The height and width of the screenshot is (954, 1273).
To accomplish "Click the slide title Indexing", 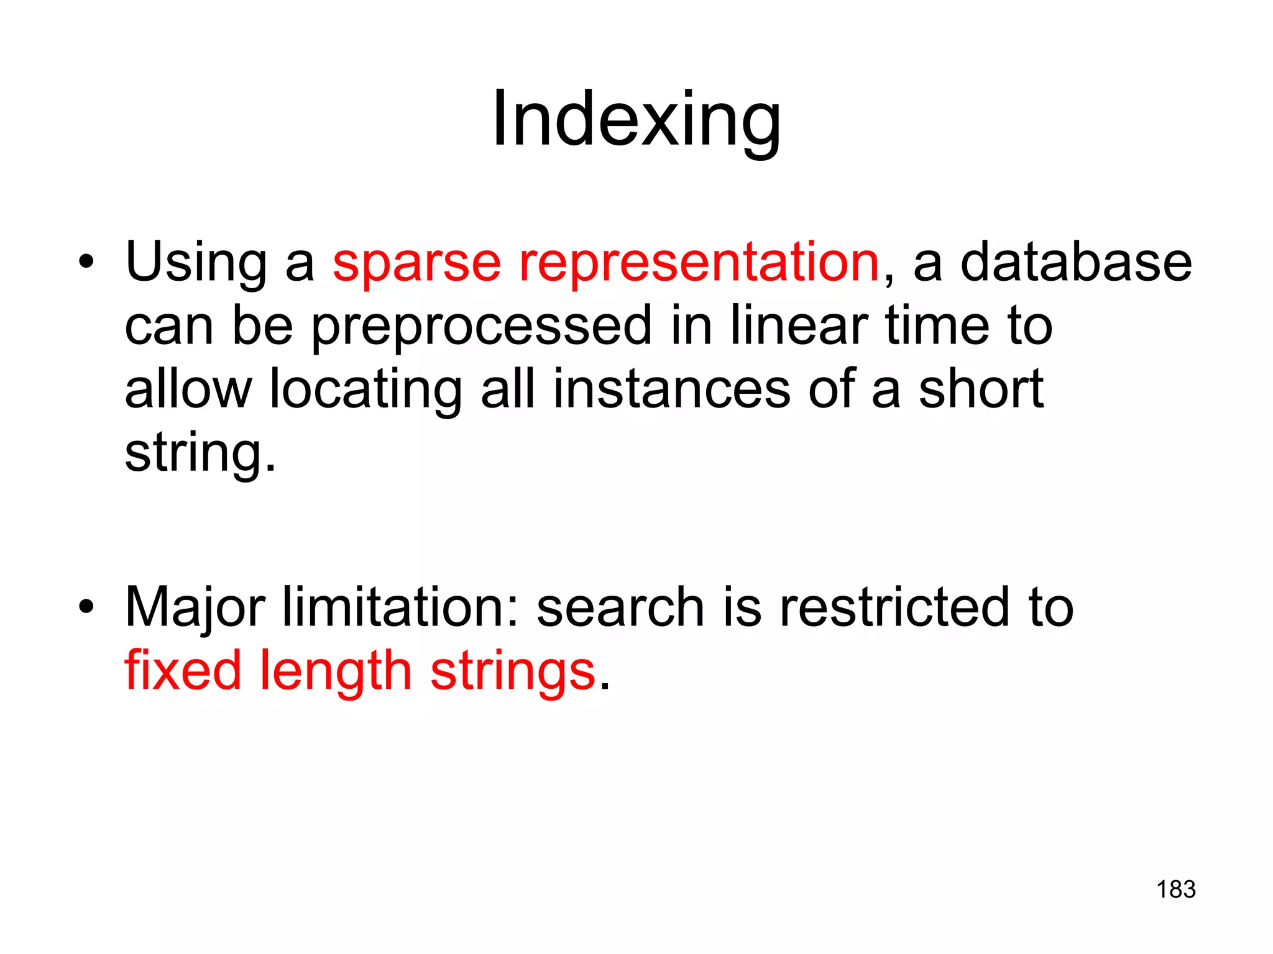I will [636, 119].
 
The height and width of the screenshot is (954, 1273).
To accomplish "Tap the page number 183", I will [1176, 889].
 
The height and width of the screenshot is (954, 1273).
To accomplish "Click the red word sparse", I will [416, 263].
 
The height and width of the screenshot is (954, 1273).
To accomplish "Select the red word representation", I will [699, 263].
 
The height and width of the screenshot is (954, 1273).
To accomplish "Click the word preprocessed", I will [482, 327].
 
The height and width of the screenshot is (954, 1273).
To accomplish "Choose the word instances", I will [671, 389].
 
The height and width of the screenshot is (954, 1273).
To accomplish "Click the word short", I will [981, 389].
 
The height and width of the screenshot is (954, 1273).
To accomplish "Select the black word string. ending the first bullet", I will [200, 454].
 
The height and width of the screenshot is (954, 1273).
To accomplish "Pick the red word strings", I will [513, 672].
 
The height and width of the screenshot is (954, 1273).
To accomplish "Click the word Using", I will [196, 263].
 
